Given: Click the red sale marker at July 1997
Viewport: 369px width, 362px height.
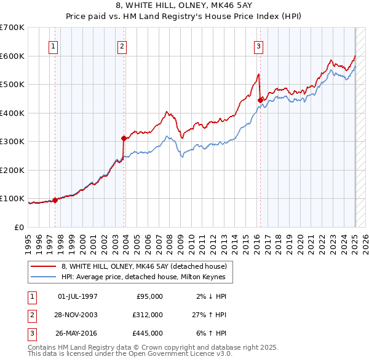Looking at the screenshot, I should (x=55, y=199).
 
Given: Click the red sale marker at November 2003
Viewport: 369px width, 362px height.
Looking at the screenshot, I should (x=124, y=138).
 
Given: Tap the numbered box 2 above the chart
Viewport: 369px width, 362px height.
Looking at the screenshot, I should (x=122, y=46).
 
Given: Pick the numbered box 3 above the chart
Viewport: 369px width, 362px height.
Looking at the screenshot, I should (x=259, y=46).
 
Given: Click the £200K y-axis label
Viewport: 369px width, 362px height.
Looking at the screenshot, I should (x=12, y=170).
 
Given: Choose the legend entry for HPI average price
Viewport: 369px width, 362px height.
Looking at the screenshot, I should (x=143, y=277).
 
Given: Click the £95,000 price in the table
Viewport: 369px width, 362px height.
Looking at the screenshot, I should (x=149, y=296).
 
